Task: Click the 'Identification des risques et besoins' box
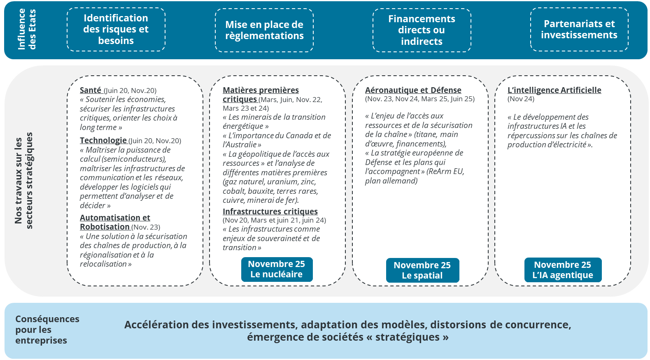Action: [x=116, y=29]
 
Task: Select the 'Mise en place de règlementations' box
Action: [x=264, y=30]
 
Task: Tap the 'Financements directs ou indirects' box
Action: [x=422, y=30]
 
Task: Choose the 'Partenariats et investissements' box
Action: [x=579, y=29]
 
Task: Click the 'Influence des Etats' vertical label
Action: [x=27, y=30]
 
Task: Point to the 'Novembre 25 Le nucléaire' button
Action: [x=277, y=269]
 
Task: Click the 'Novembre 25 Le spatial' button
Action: [x=422, y=270]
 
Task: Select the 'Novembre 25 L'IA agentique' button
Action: [x=562, y=270]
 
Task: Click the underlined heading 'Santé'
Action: [x=91, y=90]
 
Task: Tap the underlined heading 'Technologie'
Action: [x=103, y=140]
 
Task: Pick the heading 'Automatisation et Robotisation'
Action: [x=114, y=222]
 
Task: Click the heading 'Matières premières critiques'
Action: [x=260, y=94]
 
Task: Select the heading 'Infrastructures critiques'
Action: [x=270, y=211]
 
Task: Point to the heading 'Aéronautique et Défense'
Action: [x=413, y=90]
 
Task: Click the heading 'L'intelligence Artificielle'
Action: [x=554, y=90]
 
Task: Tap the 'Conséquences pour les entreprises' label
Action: [x=47, y=330]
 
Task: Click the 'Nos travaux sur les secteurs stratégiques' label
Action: [x=23, y=180]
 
